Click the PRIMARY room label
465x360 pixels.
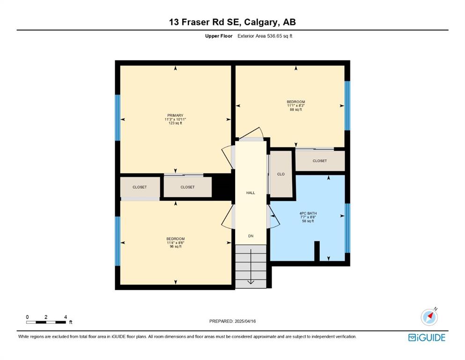click(175, 115)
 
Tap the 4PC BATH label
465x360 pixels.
click(308, 213)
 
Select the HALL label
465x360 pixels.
click(251, 193)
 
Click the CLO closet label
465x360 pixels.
click(281, 174)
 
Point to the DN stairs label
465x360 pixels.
click(251, 236)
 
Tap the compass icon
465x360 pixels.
click(429, 316)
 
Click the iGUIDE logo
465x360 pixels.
click(427, 337)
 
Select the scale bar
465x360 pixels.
click(46, 322)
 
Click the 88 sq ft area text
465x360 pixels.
click(295, 110)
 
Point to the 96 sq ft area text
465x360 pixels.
click(176, 247)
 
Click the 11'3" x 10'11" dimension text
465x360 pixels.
click(175, 120)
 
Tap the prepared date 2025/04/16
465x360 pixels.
click(245, 321)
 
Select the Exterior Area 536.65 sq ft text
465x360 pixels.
click(265, 36)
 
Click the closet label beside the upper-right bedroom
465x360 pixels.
click(320, 161)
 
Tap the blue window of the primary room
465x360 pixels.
click(118, 118)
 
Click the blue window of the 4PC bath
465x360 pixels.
click(347, 228)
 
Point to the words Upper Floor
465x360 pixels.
click(219, 36)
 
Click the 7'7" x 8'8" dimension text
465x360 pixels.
click(308, 217)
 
